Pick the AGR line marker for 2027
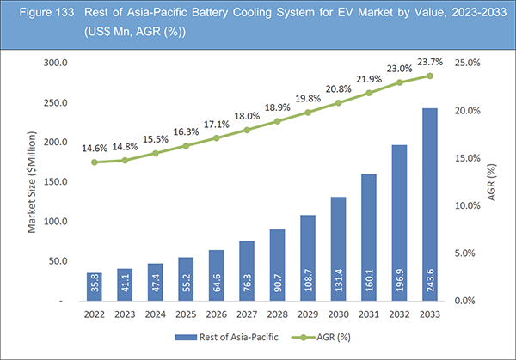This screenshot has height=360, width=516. pyautogui.click(x=247, y=130)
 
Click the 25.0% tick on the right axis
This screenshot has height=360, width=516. pyautogui.click(x=466, y=64)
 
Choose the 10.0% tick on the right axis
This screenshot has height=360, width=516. pyautogui.click(x=466, y=205)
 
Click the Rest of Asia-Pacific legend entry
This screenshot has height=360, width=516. pyautogui.click(x=227, y=338)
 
